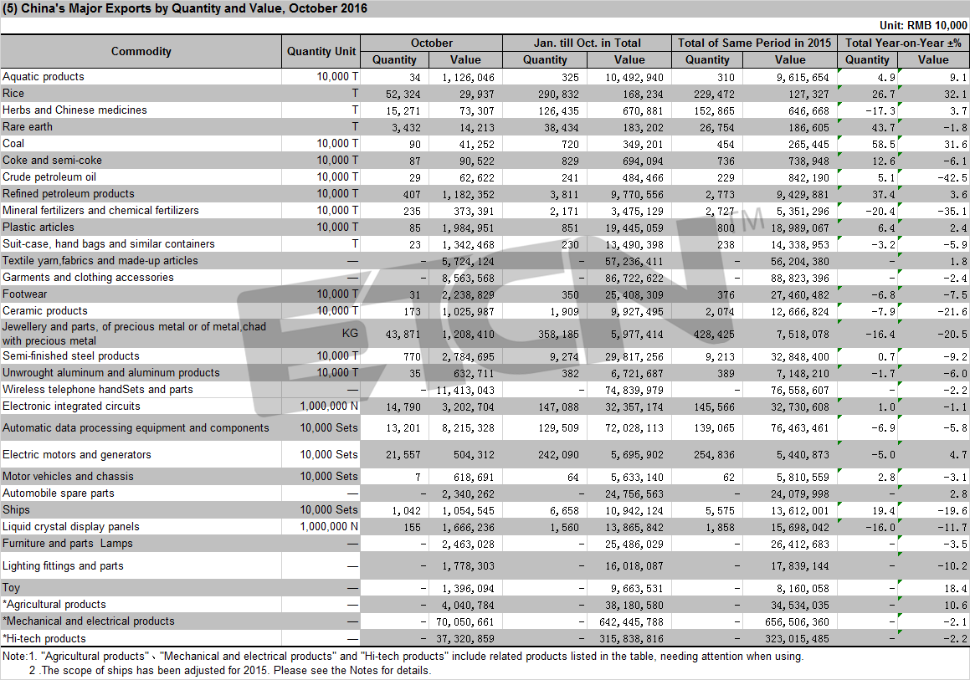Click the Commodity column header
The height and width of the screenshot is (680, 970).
(141, 51)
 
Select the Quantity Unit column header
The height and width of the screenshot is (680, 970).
(321, 51)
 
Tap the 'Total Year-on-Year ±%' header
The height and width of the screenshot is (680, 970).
(903, 43)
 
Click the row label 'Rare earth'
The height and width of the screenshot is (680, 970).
(28, 127)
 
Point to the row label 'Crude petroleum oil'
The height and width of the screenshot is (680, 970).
(49, 176)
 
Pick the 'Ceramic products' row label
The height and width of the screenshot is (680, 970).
(45, 311)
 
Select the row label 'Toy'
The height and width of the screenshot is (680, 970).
(11, 588)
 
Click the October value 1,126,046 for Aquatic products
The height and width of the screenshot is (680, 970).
(469, 77)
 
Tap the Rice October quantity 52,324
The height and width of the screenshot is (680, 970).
(403, 94)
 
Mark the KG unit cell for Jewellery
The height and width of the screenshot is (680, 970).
(350, 333)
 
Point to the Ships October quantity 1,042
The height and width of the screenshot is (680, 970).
(407, 510)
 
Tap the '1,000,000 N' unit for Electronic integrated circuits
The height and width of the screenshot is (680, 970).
(329, 406)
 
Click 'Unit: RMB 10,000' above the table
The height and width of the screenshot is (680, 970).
(923, 25)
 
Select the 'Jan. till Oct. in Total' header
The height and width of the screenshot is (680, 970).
(587, 43)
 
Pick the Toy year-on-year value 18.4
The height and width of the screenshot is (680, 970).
(957, 589)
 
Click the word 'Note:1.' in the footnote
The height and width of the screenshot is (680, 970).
(20, 656)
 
